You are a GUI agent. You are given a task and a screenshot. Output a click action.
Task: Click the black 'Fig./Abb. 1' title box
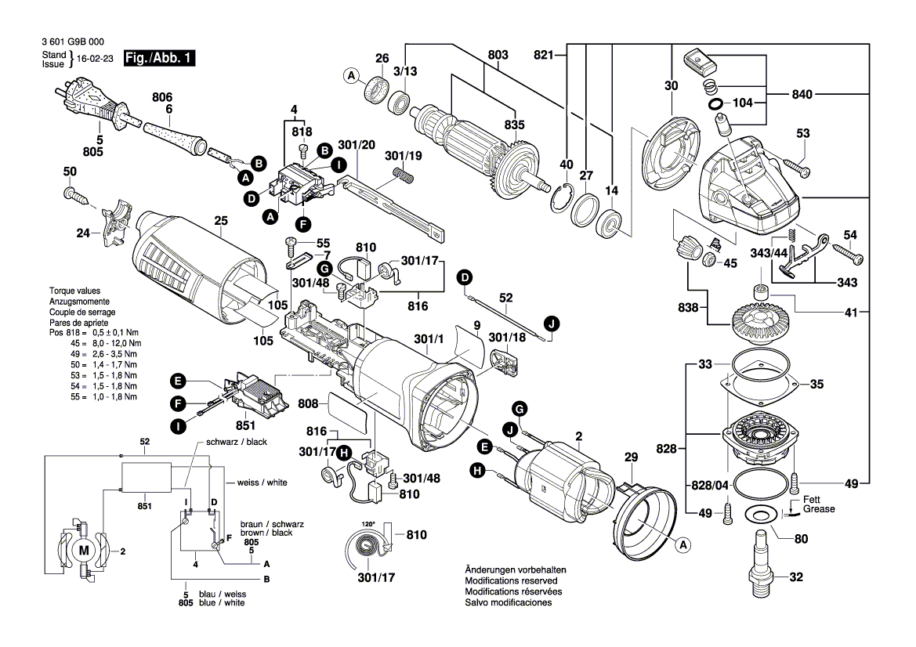tap(160, 59)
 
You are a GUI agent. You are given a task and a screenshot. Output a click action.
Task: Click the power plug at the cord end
tap(92, 104)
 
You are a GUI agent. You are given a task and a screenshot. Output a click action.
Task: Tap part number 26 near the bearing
tap(382, 59)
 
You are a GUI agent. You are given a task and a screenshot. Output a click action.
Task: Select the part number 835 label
tap(515, 125)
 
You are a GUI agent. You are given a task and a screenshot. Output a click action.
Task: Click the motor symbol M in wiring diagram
tap(84, 550)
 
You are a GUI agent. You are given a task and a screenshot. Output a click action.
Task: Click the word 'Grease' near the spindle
tap(819, 509)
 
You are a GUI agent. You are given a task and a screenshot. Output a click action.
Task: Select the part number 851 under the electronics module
tap(246, 425)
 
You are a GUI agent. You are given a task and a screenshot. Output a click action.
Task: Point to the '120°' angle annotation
tap(368, 524)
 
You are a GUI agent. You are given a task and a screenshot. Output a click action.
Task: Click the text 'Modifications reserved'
tap(511, 581)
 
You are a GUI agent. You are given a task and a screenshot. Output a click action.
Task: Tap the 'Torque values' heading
tap(74, 291)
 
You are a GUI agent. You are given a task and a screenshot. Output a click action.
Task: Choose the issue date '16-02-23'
tap(95, 59)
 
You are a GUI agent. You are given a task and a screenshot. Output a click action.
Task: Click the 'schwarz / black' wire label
tap(237, 442)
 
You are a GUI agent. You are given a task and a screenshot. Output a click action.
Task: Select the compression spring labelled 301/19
tap(402, 174)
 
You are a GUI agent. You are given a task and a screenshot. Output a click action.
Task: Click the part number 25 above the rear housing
tap(221, 221)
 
